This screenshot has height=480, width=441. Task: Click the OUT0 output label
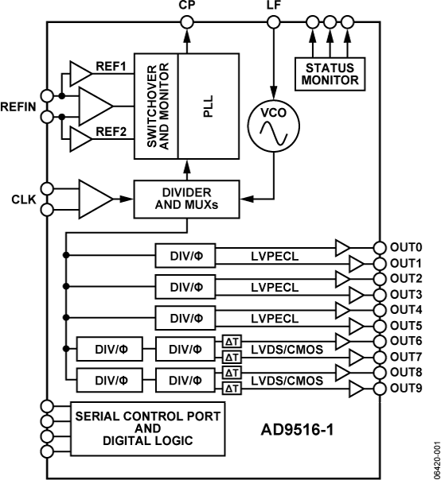(x=408, y=248)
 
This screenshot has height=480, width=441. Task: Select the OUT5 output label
(x=408, y=324)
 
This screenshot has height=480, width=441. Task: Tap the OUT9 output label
(x=408, y=388)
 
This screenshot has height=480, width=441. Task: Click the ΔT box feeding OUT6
(x=225, y=342)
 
